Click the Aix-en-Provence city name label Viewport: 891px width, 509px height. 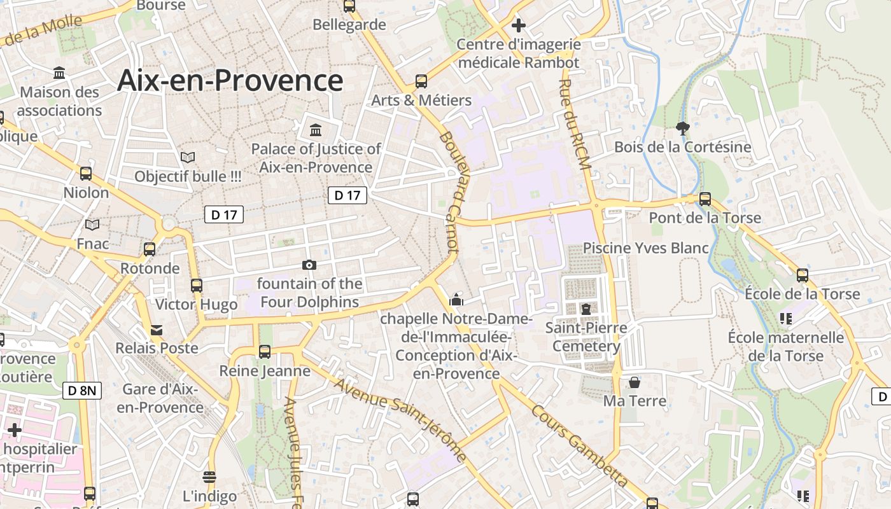230,81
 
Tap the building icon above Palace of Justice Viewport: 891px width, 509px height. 315,130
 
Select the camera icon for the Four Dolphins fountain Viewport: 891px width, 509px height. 309,265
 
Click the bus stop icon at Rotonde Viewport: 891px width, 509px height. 150,249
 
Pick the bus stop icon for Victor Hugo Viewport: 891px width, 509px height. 197,286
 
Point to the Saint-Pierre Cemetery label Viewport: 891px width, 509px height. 586,337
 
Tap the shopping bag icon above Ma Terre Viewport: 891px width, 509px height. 635,382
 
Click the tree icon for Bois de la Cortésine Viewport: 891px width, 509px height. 683,129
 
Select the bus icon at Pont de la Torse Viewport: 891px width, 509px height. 705,199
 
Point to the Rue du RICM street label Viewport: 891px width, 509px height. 575,124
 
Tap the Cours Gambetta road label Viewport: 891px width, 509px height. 580,446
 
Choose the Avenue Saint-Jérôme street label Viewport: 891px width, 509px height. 399,420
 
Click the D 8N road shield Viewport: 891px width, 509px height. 82,390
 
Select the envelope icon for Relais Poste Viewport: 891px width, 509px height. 157,330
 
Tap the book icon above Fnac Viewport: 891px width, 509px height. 92,225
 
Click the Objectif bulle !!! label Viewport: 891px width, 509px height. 188,176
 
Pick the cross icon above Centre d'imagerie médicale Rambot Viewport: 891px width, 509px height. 519,25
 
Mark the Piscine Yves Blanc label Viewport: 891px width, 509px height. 646,248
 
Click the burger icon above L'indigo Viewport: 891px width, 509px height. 209,477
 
